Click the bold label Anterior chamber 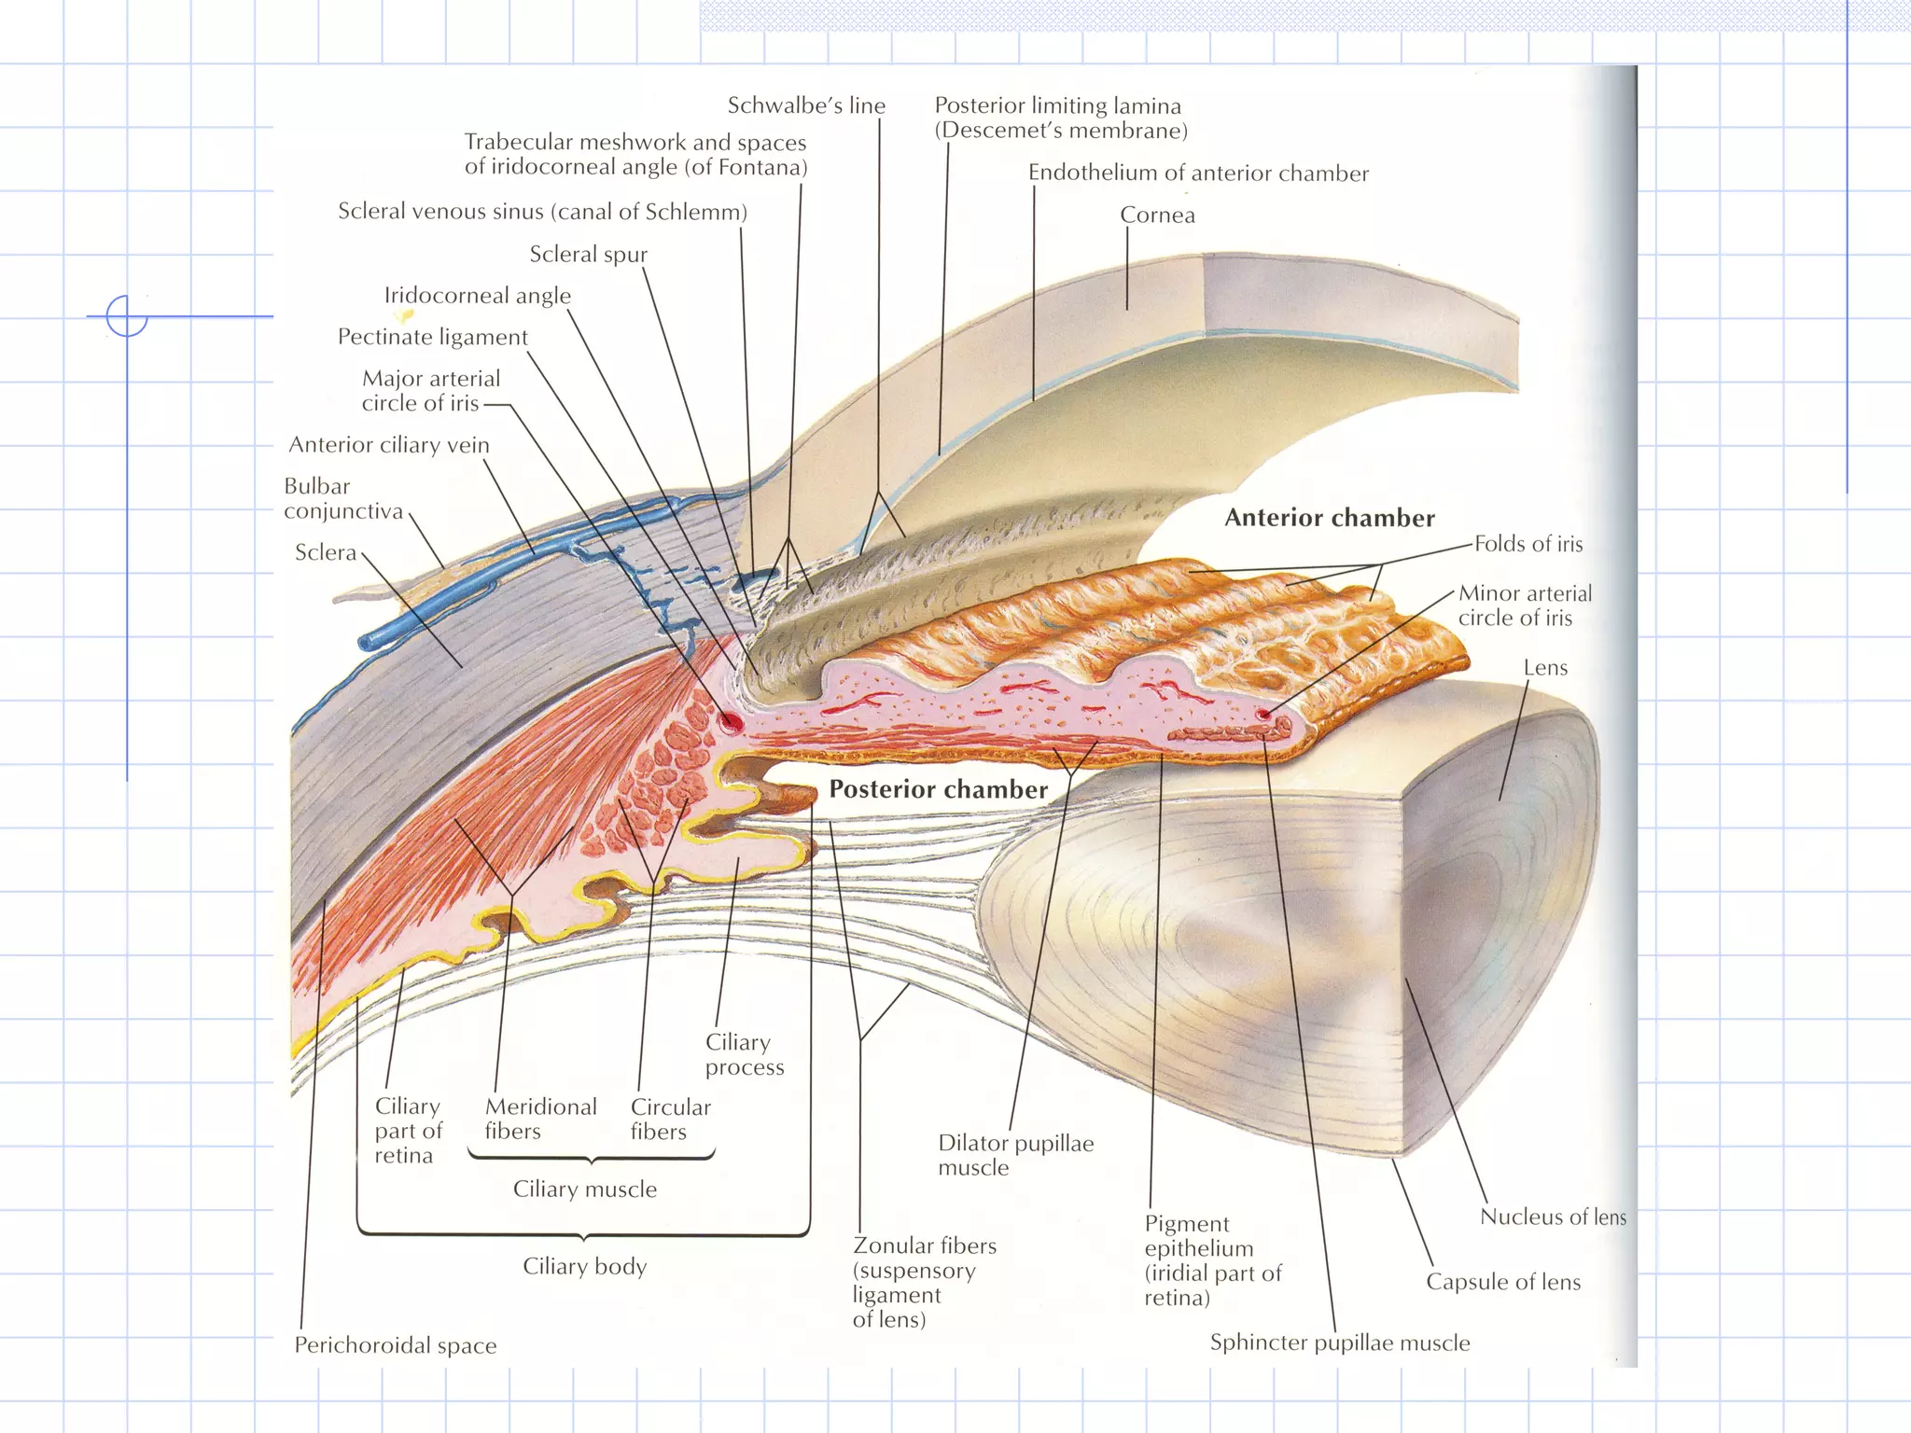(1329, 518)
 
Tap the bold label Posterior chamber (938, 789)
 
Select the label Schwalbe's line (806, 105)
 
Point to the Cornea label (1157, 215)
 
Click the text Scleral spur (588, 254)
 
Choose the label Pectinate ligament (432, 337)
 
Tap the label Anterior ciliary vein (388, 444)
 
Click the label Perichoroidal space (396, 1344)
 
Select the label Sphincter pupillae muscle (1340, 1343)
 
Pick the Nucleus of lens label (1553, 1217)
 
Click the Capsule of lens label (1503, 1282)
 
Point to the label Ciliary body (584, 1266)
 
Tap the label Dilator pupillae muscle (1015, 1155)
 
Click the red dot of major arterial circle (731, 720)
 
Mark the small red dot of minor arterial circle (1263, 715)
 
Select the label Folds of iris (1528, 544)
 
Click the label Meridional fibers (540, 1119)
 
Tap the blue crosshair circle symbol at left (127, 315)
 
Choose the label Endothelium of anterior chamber (1198, 173)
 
